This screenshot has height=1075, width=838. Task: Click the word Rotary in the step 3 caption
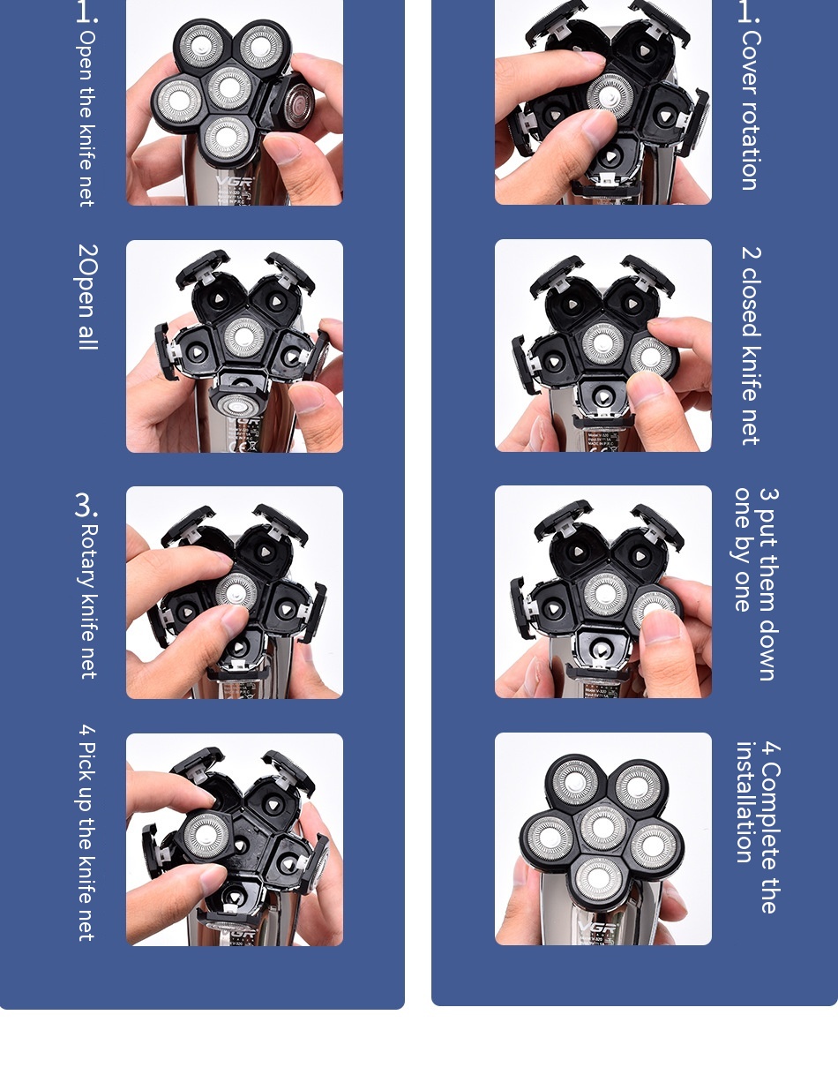88,556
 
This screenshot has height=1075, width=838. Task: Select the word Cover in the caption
751,55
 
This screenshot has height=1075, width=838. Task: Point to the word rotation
750,137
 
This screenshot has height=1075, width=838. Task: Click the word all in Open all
88,338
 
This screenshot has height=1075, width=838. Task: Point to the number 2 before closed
751,252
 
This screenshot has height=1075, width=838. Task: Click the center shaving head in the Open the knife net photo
229,87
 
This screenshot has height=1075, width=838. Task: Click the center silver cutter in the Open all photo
243,338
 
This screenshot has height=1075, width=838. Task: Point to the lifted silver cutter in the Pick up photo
206,835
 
